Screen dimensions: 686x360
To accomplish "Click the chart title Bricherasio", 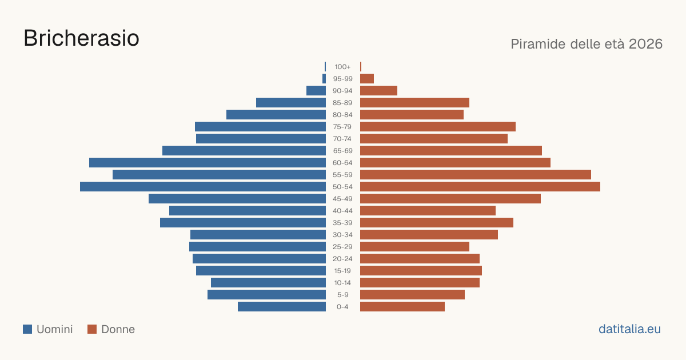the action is coord(81,38).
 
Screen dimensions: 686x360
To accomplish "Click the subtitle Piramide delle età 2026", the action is coord(587,44).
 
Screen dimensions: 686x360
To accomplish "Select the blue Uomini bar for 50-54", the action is coord(203,187).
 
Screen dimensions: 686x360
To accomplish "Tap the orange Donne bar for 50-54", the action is coord(480,187).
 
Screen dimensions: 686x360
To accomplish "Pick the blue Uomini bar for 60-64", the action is coord(208,162).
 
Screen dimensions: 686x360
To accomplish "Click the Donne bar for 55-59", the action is coord(476,175).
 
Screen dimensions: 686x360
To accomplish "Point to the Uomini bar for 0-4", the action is coord(282,307).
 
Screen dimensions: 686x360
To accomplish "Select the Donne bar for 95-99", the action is coord(367,79).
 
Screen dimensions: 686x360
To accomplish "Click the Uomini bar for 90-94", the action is coord(316,91).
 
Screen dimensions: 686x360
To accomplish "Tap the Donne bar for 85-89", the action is coord(414,102).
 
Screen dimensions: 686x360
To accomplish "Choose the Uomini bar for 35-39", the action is coord(243,223).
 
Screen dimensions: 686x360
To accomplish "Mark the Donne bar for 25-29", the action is coord(414,247).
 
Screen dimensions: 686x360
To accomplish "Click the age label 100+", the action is coord(342,67).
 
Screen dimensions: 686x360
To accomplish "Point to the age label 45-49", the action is coord(342,199).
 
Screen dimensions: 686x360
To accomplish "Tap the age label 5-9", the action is coord(342,295).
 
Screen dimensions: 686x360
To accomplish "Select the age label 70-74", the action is coord(342,139).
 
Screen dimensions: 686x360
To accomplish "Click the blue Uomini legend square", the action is coord(27,329).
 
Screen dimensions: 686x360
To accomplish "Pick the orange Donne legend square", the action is coord(92,329).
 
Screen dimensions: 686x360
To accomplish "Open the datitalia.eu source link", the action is coord(629,329).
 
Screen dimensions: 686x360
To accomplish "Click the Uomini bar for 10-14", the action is coord(268,283).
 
